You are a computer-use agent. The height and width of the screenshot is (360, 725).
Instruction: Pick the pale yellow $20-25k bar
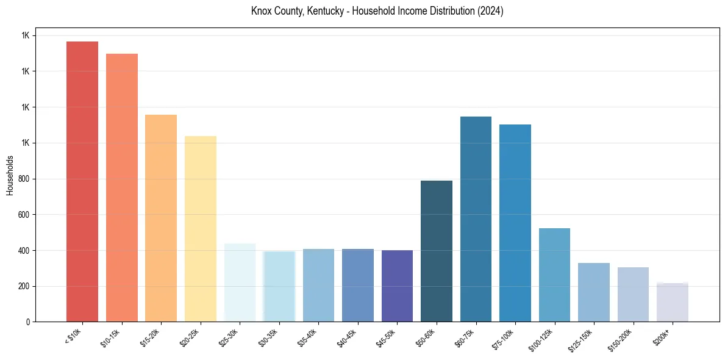201,229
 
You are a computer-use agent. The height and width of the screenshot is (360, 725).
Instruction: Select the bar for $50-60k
437,251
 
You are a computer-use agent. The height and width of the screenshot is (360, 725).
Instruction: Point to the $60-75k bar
476,219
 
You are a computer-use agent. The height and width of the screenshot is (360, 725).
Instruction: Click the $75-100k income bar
515,223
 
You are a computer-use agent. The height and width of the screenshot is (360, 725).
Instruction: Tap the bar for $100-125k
554,275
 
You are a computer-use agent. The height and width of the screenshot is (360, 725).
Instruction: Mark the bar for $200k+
673,302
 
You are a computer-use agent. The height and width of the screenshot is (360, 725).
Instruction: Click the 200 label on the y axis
24,286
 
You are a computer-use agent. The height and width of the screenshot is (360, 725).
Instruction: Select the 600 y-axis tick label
24,215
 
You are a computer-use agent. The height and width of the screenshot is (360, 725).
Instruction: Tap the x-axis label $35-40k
309,337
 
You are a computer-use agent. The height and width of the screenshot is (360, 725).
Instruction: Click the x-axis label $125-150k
582,339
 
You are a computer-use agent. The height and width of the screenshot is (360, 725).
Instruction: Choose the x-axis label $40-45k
348,337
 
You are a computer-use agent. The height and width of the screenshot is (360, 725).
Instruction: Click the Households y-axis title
10,175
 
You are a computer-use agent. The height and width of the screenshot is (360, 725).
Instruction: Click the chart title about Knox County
377,11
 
